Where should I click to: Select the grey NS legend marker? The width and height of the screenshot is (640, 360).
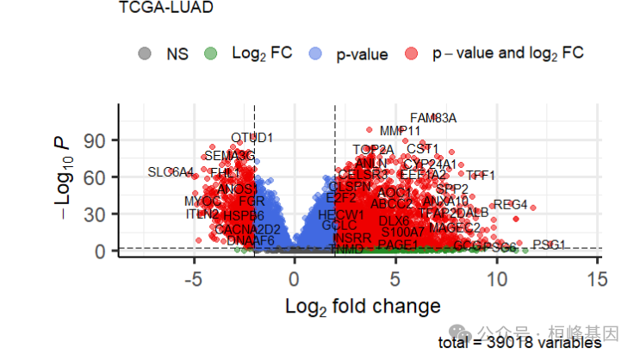point(145,53)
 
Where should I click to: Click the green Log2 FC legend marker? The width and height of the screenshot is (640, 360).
point(210,53)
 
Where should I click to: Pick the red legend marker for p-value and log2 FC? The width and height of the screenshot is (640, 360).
point(411,53)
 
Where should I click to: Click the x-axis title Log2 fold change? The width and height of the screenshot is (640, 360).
point(363,306)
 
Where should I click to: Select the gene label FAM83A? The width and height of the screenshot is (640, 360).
point(433,118)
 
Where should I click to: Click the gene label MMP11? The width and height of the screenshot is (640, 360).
point(400,131)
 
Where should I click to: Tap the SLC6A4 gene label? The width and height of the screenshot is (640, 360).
point(171,172)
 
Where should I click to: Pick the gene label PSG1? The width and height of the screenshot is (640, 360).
point(549,245)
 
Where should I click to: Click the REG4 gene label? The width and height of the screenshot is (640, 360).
point(510,204)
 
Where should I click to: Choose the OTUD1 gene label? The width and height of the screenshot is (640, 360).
point(252,138)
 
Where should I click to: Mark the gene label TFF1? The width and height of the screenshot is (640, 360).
point(481,176)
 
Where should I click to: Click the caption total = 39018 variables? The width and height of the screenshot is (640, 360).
point(519,343)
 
